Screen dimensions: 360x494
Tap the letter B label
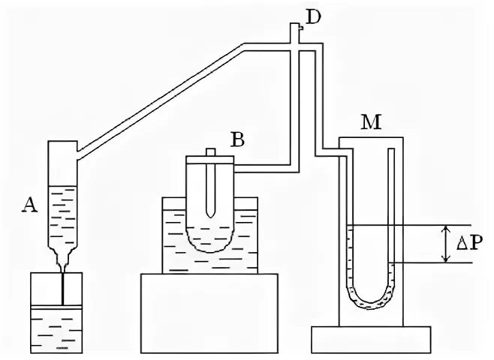tap(237, 139)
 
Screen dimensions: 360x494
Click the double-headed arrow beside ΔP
tap(447, 243)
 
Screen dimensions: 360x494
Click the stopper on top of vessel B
tap(210, 156)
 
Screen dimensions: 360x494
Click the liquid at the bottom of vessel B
tap(210, 243)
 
